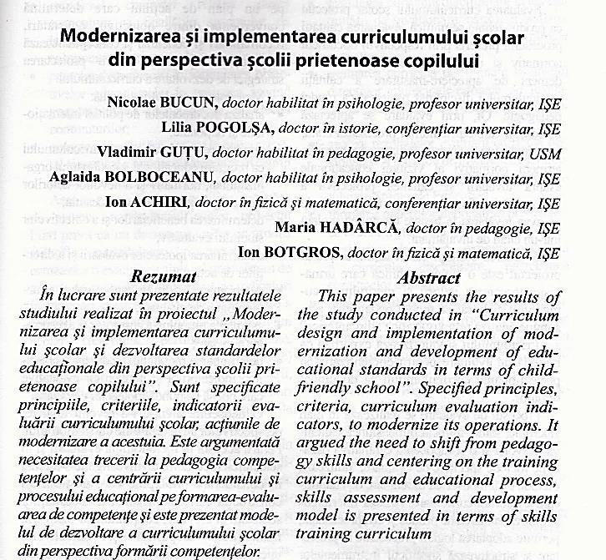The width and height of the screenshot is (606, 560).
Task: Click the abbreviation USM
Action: pyautogui.click(x=544, y=154)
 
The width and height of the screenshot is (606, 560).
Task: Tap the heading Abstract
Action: pyautogui.click(x=429, y=278)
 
